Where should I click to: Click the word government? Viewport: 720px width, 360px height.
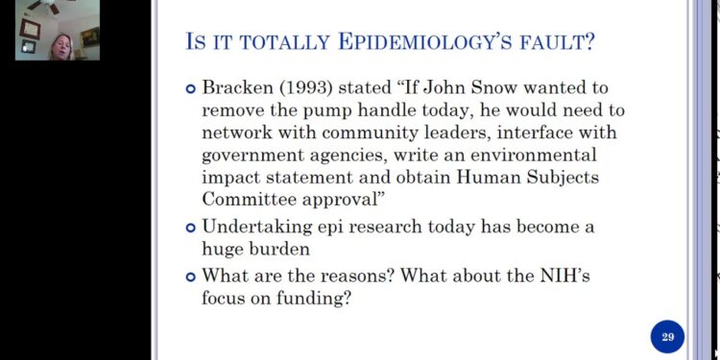[x=253, y=154]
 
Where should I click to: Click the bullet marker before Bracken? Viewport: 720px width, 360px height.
[x=190, y=88]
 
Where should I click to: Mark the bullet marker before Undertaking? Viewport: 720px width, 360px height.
[x=190, y=228]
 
